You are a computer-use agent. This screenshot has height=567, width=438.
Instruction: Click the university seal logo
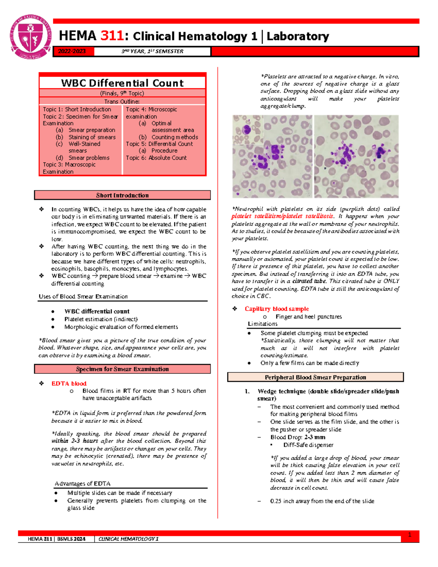(31, 37)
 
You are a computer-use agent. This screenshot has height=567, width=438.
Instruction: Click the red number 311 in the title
(112, 36)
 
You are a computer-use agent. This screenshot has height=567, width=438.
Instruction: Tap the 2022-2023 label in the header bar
(72, 51)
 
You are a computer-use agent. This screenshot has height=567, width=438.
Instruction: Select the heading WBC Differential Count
(122, 83)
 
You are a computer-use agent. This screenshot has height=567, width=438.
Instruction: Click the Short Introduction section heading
(122, 195)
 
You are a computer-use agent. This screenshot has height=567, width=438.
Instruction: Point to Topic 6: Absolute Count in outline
(156, 158)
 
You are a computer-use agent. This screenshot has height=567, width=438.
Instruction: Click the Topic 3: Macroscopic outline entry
(69, 165)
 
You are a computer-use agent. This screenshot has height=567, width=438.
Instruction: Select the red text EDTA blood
(69, 383)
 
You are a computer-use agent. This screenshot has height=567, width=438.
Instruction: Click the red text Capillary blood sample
(277, 309)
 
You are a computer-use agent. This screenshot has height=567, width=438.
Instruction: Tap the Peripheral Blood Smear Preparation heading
(315, 377)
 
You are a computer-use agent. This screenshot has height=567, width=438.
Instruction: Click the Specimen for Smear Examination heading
(122, 369)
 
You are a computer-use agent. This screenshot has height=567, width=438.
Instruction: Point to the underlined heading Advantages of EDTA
(82, 483)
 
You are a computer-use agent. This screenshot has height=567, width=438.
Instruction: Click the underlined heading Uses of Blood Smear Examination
(83, 296)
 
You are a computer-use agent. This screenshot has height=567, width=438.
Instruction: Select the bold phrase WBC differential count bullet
(97, 311)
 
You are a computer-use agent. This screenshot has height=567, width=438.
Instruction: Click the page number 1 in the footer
(410, 535)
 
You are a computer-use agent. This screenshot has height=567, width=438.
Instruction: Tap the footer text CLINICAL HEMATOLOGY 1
(128, 539)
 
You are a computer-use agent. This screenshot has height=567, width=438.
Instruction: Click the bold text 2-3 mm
(315, 437)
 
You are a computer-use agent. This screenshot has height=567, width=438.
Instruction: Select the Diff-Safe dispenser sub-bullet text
(308, 445)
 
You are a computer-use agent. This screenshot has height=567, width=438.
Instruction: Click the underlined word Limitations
(262, 324)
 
